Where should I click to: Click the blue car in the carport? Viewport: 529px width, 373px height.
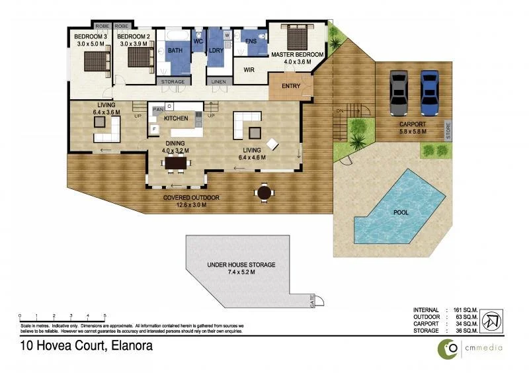[x=430, y=92]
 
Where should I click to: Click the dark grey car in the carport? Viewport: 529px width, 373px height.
[x=399, y=93]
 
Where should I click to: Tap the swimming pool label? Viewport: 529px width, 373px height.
[x=401, y=213]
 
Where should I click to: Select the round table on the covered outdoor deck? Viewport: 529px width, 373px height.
[x=264, y=192]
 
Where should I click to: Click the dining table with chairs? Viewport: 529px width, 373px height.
[x=176, y=163]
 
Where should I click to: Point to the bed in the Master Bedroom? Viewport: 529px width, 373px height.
[x=295, y=37]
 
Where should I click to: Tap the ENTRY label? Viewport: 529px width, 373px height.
[x=291, y=86]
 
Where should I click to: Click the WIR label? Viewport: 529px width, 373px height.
[x=249, y=69]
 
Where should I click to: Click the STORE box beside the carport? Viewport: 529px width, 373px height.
[x=448, y=129]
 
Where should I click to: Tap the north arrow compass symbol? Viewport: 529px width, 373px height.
[x=492, y=321]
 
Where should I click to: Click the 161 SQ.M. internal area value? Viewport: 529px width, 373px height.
[x=465, y=310]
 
